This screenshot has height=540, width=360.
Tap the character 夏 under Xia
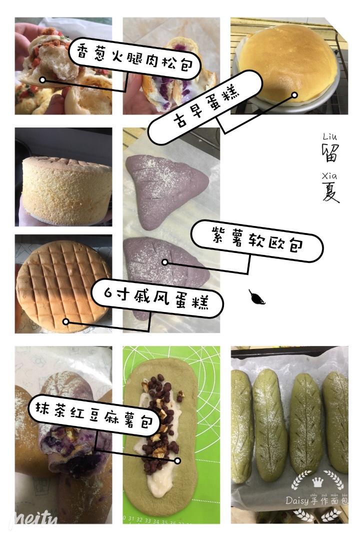pyautogui.click(x=330, y=192)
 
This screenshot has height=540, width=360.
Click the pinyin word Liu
pyautogui.click(x=330, y=136)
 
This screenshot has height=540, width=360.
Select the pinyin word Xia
pyautogui.click(x=329, y=176)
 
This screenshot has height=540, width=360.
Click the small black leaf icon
pyautogui.click(x=256, y=297)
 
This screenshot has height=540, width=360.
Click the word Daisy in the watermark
pyautogui.click(x=297, y=500)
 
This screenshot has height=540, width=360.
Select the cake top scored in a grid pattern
pyautogui.click(x=63, y=285)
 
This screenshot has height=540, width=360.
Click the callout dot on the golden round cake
pyautogui.click(x=294, y=95)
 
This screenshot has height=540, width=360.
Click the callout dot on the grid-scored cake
pyautogui.click(x=66, y=321)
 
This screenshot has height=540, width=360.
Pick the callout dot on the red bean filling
pyautogui.click(x=177, y=460)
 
